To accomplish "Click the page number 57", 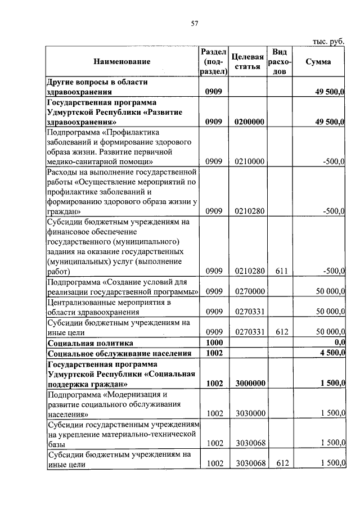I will (x=195, y=23).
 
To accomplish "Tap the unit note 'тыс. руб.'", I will (x=328, y=41).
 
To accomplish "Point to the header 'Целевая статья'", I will (x=248, y=61).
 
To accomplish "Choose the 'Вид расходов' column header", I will (x=279, y=61).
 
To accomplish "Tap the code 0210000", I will (x=248, y=161).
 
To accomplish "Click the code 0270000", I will (x=248, y=291).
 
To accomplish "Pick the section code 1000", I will (x=214, y=342).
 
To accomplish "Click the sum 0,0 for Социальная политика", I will (x=339, y=342).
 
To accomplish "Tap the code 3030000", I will (x=248, y=413).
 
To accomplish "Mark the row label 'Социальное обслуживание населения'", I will (x=119, y=353).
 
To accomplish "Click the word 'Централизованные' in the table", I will (x=80, y=302).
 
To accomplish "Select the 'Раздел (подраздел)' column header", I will (x=214, y=61).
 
